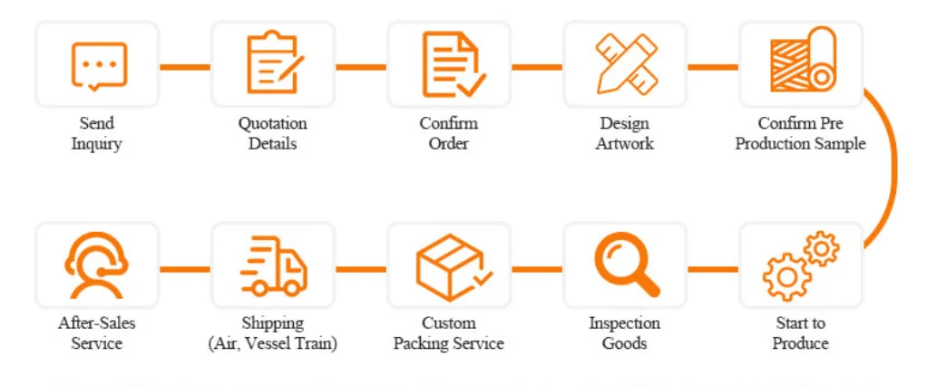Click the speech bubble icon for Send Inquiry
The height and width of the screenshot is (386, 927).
tap(97, 65)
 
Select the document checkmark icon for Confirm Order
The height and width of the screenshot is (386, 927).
tap(450, 65)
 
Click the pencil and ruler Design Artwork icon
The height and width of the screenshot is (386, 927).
tap(625, 65)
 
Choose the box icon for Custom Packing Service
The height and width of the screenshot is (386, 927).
tap(450, 266)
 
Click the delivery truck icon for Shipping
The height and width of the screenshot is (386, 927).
tap(272, 266)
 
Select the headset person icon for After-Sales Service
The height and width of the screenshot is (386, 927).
tap(97, 266)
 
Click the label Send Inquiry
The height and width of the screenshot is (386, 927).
tap(96, 133)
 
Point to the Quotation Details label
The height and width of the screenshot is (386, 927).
tap(272, 133)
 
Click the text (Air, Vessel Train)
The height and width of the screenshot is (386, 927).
tap(272, 343)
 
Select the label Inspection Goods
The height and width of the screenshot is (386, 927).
tap(625, 333)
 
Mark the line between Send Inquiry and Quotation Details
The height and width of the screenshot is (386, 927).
tap(185, 66)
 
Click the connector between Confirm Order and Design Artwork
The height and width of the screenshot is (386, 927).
tap(537, 66)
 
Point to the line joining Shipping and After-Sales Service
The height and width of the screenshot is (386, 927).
tap(185, 268)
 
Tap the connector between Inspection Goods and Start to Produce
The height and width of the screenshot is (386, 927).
tap(713, 268)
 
